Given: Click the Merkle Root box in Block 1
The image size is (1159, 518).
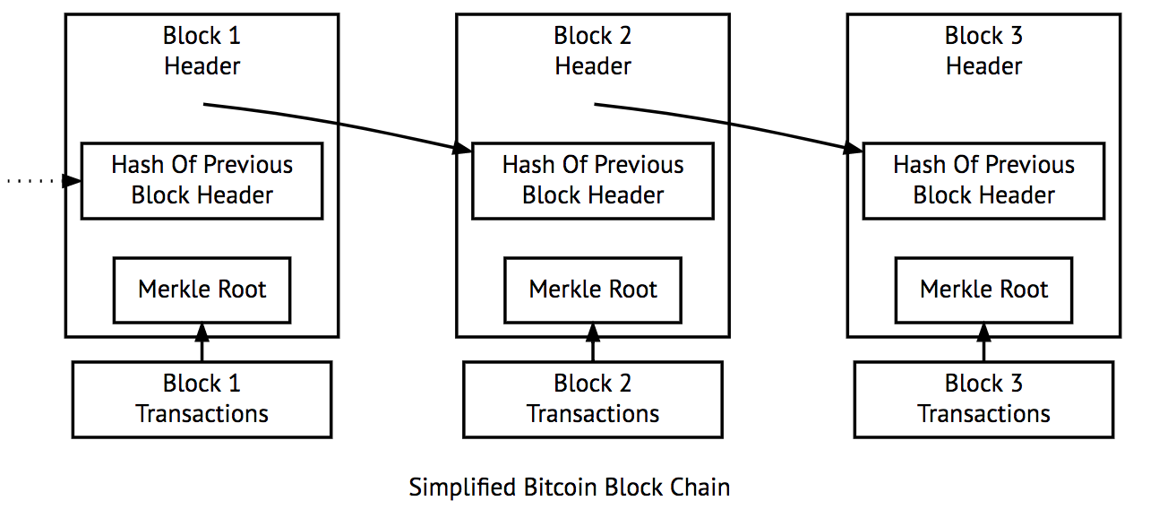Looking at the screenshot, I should (202, 290).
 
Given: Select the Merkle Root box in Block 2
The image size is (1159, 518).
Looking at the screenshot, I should (593, 290).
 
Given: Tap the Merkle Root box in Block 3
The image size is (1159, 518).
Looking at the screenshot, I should (983, 290).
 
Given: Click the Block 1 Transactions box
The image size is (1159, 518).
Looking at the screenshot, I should (202, 399).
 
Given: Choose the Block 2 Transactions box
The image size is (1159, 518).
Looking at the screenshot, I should (593, 399).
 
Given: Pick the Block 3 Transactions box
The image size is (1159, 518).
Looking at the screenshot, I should (983, 399).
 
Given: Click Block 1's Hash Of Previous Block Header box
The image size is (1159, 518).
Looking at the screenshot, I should (202, 180).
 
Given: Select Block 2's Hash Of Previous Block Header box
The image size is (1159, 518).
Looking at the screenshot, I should (593, 180).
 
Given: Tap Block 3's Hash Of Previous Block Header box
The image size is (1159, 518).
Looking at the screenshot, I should (983, 180).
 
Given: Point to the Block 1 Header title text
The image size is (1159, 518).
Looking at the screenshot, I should (202, 51).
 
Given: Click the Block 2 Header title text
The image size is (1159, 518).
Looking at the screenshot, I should (593, 51).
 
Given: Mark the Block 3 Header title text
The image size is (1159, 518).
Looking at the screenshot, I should (983, 51).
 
